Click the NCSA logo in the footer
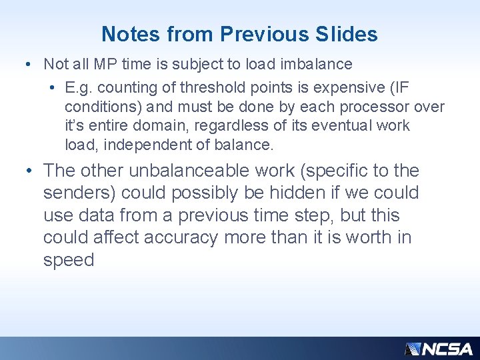click(439, 349)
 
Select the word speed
click(69, 260)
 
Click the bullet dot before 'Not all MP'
click(25, 65)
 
